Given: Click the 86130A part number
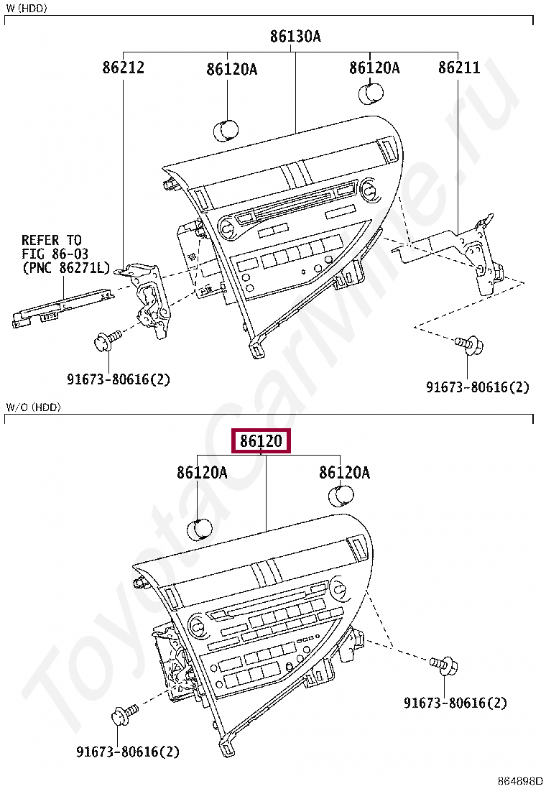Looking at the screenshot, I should (295, 36).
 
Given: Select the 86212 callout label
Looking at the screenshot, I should (123, 68).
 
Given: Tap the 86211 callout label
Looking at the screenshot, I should (459, 68).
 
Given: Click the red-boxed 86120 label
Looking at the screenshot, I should (260, 441).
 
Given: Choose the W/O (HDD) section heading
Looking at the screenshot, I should (33, 407).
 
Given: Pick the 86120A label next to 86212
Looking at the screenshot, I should (231, 69).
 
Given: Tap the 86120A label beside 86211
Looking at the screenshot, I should (374, 68).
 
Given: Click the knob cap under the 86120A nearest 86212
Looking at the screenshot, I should (245, 130).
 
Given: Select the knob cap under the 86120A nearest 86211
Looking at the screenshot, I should (371, 94).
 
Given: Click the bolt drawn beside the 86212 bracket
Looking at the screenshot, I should (105, 340).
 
